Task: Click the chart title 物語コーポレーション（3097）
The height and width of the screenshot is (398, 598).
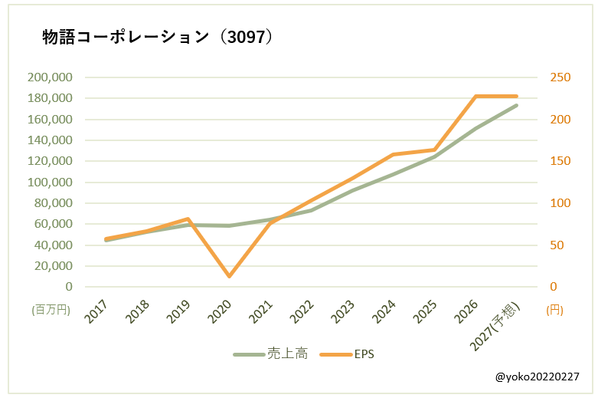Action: point(158,37)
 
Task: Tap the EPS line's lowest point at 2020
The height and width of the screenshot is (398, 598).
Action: point(229,276)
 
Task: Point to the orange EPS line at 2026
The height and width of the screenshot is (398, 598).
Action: point(476,97)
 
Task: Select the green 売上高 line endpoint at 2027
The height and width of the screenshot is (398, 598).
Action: point(517,105)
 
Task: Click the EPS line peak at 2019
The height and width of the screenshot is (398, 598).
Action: point(188,219)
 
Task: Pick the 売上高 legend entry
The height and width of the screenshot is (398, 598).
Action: point(271,354)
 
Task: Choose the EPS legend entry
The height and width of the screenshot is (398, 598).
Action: point(347,354)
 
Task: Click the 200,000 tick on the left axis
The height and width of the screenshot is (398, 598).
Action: point(50,77)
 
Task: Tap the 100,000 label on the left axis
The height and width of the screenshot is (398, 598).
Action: point(50,183)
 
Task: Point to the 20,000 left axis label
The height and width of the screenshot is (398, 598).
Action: point(54,266)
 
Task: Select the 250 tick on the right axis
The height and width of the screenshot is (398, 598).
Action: point(560,77)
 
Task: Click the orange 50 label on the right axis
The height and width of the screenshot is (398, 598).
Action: point(557,245)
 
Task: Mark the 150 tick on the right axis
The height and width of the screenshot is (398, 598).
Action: point(560,161)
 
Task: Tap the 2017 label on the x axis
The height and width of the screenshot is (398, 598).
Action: point(96,311)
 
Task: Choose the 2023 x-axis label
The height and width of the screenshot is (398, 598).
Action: point(342,311)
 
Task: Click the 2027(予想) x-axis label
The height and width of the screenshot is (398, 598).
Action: point(495,326)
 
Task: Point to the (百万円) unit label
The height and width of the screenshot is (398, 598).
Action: point(51,309)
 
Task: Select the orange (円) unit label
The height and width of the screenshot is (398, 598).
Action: point(554,310)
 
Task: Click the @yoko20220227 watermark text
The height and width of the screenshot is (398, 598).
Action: point(537,377)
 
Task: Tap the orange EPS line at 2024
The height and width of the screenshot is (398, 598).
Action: point(394,155)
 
